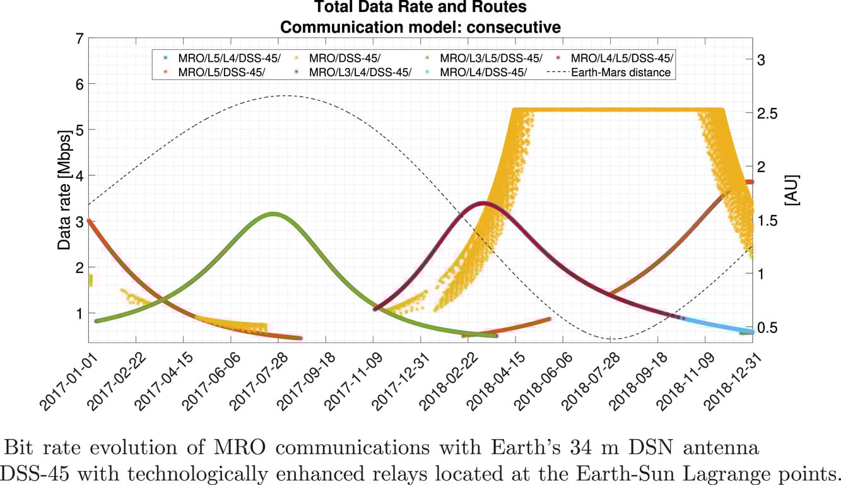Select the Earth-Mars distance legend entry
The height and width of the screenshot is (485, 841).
620,73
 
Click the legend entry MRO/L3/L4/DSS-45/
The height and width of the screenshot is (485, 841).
360,73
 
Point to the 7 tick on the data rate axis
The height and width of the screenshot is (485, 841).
79,38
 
